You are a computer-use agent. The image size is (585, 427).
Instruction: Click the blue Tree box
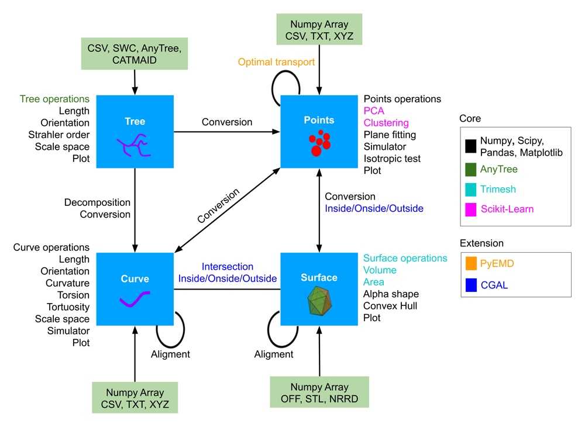(x=135, y=132)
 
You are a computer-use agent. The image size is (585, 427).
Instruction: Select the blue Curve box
(x=135, y=289)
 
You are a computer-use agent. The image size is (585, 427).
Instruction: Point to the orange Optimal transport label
(x=276, y=62)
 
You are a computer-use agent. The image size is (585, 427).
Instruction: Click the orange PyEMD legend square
(x=471, y=264)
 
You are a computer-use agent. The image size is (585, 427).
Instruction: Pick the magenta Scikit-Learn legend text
(x=507, y=209)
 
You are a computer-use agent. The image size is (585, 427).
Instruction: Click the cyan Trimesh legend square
(x=471, y=190)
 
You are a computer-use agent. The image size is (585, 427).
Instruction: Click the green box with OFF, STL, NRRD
(x=319, y=393)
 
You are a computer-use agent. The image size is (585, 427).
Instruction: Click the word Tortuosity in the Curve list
(x=68, y=307)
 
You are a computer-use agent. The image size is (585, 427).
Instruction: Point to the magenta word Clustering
(x=386, y=123)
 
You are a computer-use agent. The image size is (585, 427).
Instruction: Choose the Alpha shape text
(x=391, y=294)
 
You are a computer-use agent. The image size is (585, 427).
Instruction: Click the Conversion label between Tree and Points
(x=227, y=122)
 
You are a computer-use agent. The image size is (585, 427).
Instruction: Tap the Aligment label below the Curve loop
(x=170, y=354)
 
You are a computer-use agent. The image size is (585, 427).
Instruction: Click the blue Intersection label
(x=228, y=267)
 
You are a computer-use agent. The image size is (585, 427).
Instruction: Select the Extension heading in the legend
(x=481, y=243)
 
